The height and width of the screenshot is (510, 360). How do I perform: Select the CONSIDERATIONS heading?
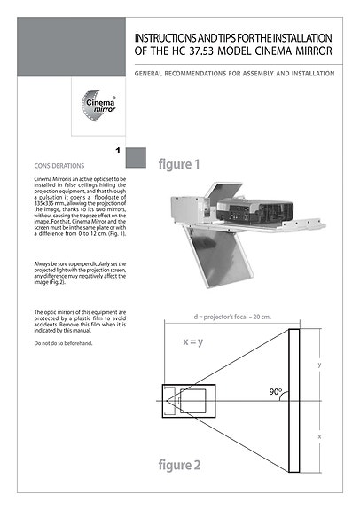[59, 166]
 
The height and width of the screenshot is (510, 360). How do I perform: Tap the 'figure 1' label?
[179, 164]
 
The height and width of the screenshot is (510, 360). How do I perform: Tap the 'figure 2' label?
[179, 464]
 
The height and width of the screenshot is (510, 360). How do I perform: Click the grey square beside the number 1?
[136, 158]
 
